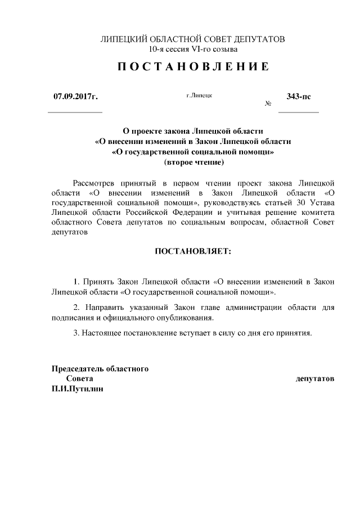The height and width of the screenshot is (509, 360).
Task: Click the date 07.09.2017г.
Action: tap(75, 97)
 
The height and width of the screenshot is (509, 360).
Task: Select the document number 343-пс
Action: tap(298, 96)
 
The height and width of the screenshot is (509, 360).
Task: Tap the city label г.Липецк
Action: tap(199, 96)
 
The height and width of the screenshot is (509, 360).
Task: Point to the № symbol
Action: tap(268, 104)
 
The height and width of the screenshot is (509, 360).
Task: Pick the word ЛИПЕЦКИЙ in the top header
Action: tap(123, 39)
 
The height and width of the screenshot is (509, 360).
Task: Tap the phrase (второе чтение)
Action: tap(193, 163)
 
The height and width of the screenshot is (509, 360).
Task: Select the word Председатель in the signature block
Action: tap(77, 369)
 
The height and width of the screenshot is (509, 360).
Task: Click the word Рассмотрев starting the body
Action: tap(94, 183)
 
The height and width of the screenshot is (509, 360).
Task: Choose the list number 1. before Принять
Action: tap(77, 280)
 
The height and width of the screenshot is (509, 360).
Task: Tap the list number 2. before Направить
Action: tap(77, 308)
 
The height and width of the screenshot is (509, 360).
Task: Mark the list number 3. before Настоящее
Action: tap(77, 332)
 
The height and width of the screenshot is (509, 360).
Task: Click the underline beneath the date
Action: tap(75, 113)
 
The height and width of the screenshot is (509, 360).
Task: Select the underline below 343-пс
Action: tap(298, 113)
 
